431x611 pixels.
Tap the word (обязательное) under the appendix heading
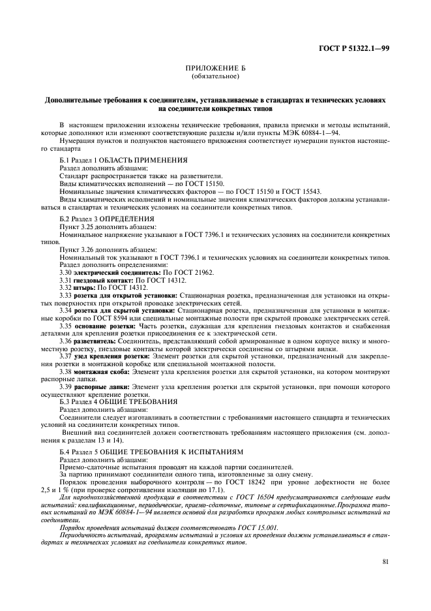coord(215,77)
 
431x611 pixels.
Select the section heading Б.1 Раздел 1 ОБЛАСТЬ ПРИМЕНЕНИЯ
coord(123,159)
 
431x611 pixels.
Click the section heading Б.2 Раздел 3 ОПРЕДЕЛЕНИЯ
coord(107,217)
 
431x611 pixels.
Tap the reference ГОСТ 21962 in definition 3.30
coord(177,272)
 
